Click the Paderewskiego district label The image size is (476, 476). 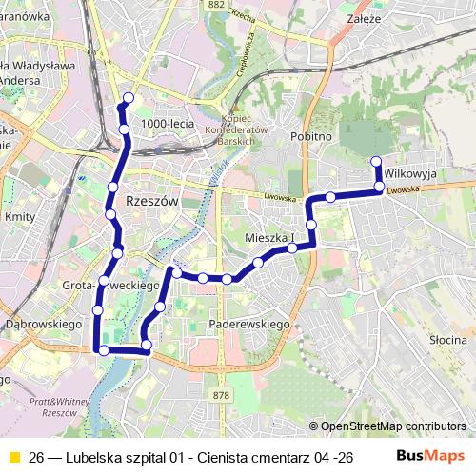tap(248, 325)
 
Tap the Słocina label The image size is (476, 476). tap(446, 340)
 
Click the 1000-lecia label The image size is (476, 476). tap(166, 125)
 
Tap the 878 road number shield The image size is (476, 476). tap(222, 395)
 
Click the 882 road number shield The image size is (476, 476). tap(215, 5)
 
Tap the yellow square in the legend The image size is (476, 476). tap(13, 456)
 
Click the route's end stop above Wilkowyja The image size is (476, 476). tap(376, 161)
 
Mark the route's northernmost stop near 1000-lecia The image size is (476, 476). tap(129, 98)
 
